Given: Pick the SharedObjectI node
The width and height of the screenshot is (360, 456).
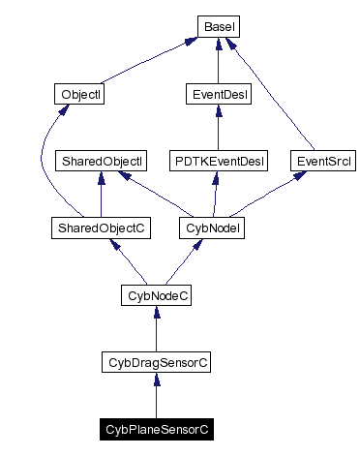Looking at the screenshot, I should [x=101, y=161].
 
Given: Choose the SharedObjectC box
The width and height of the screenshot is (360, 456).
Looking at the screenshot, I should [x=100, y=228].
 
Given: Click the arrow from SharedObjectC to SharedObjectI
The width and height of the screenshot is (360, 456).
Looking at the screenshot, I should [x=100, y=195].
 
